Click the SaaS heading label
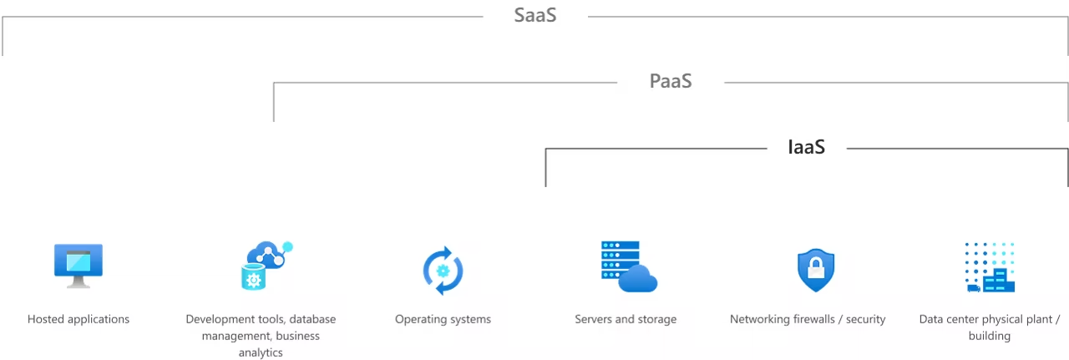click(535, 15)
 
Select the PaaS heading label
click(671, 81)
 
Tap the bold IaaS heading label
click(807, 147)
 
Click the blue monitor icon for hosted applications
click(79, 264)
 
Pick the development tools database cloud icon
click(266, 265)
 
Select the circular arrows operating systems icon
click(443, 270)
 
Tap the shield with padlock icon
click(815, 270)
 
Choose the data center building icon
click(990, 267)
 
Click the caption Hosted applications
click(79, 319)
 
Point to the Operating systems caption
click(443, 319)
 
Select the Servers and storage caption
click(626, 319)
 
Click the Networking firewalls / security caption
click(808, 319)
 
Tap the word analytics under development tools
click(261, 352)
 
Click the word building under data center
click(990, 336)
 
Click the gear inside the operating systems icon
click(443, 271)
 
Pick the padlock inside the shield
click(816, 269)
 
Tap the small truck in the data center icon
click(973, 287)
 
